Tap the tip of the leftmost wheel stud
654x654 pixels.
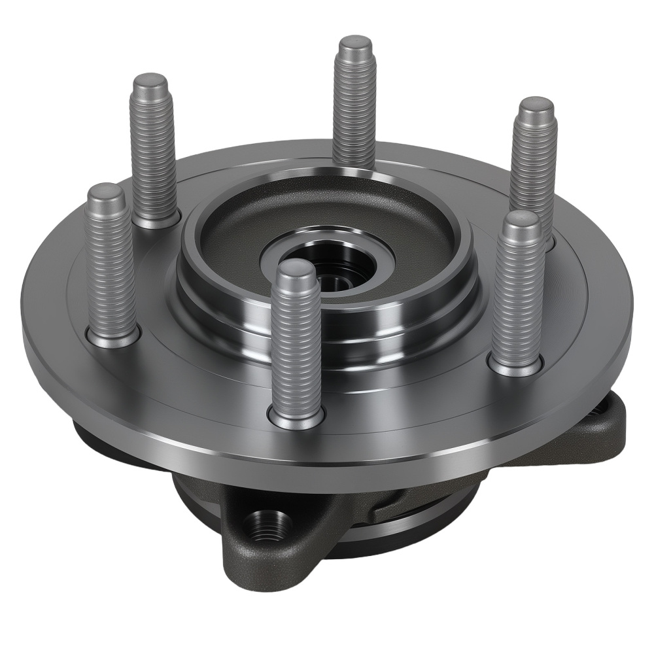(106, 192)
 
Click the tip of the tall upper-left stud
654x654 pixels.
(150, 82)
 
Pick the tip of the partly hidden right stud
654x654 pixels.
(536, 106)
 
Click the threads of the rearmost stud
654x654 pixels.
(354, 105)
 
